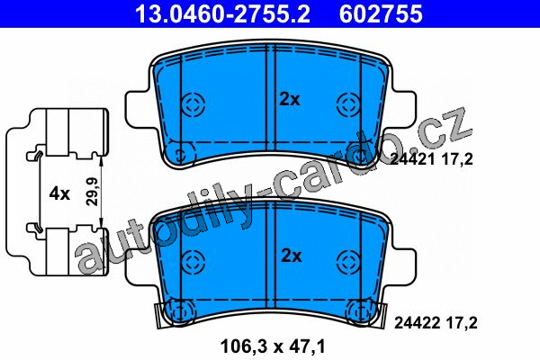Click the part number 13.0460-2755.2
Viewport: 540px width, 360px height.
click(x=223, y=13)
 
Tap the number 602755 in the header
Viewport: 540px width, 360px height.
click(x=381, y=13)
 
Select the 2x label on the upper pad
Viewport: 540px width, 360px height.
click(x=290, y=100)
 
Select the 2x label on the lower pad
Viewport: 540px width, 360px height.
click(x=292, y=256)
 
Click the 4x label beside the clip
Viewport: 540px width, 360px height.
click(x=59, y=193)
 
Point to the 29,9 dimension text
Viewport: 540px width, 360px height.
click(x=92, y=192)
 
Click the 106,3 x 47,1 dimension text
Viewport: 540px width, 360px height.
click(x=273, y=346)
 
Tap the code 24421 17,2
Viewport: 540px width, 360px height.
click(x=431, y=159)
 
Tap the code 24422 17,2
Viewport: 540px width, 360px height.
click(x=436, y=323)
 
